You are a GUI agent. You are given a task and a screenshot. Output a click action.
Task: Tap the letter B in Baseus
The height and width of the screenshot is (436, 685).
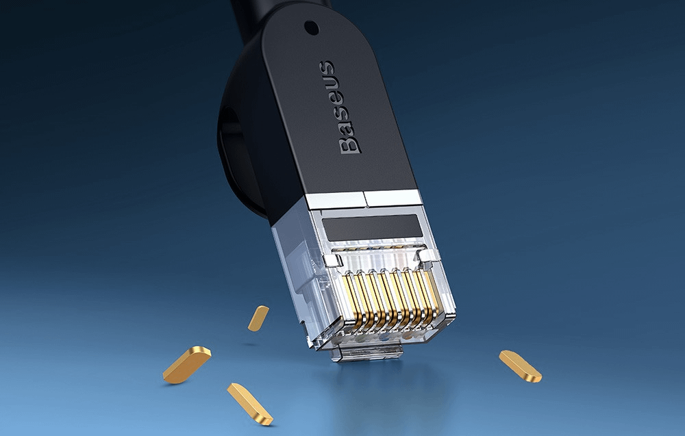pyautogui.click(x=349, y=142)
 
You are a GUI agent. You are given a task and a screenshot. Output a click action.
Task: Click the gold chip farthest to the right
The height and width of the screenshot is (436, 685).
pyautogui.click(x=520, y=366)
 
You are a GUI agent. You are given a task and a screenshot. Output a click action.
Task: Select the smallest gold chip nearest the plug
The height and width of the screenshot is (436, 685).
pyautogui.click(x=258, y=318)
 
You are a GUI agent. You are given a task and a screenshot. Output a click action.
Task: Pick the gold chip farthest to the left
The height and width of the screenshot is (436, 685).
pyautogui.click(x=186, y=364)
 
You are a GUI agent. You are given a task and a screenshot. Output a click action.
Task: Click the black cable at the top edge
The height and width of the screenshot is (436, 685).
pyautogui.click(x=281, y=5)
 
